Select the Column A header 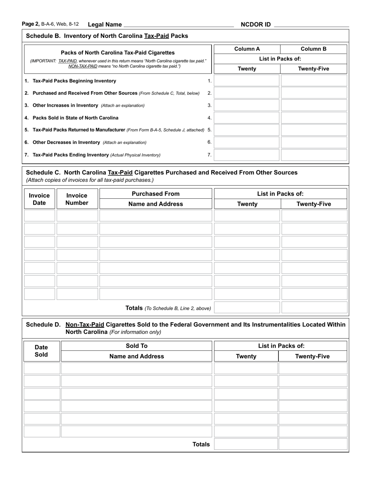247,49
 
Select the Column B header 314,49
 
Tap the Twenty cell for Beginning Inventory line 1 247,81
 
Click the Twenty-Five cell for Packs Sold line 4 314,118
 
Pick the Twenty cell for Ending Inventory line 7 247,155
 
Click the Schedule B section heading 107,36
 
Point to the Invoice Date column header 39,199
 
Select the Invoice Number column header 77,199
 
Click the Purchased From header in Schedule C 155,194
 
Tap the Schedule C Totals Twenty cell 247,308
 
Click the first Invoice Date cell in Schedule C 39,216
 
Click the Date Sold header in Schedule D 41,351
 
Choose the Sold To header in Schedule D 137,346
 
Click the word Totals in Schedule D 201,444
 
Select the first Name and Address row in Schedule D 137,368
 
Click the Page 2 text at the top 31,24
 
